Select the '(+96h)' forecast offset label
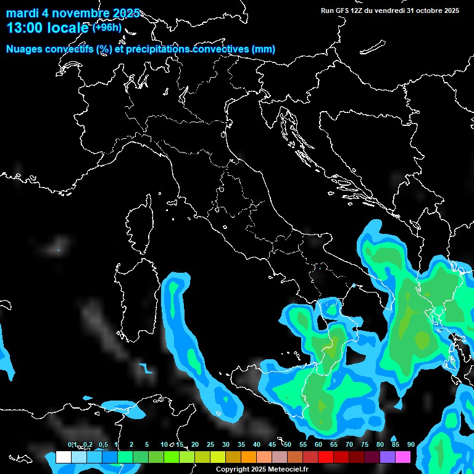point(107,27)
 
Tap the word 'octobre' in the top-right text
point(428,10)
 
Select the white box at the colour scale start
point(63,457)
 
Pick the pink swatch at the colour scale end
point(403,457)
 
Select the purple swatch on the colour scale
point(388,457)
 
